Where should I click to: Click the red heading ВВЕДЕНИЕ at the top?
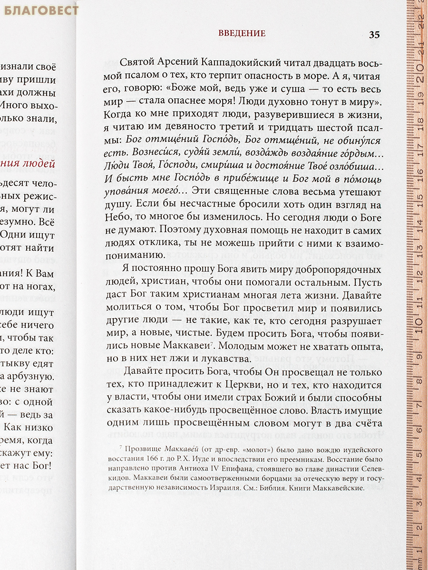pos(242,34)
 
